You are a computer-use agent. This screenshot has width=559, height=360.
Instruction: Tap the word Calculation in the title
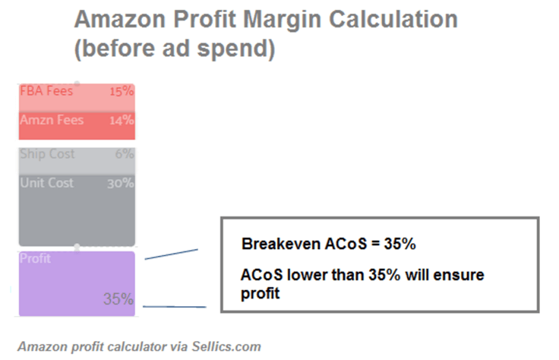pyautogui.click(x=393, y=19)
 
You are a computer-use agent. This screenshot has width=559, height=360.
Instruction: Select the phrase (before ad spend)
pyautogui.click(x=175, y=49)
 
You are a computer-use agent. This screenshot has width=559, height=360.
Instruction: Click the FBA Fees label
pyautogui.click(x=46, y=91)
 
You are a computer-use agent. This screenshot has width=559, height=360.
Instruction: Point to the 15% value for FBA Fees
pyautogui.click(x=122, y=92)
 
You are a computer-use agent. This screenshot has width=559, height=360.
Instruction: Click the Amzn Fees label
pyautogui.click(x=52, y=120)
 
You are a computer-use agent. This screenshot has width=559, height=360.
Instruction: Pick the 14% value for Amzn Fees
pyautogui.click(x=122, y=121)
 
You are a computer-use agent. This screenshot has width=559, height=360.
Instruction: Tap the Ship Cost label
pyautogui.click(x=47, y=154)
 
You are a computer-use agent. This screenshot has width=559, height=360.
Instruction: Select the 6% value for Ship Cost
pyautogui.click(x=125, y=154)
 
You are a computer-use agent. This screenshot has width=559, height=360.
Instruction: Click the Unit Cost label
pyautogui.click(x=46, y=183)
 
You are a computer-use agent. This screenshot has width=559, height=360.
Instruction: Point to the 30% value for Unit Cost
pyautogui.click(x=121, y=183)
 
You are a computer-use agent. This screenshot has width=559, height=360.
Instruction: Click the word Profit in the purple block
pyautogui.click(x=35, y=258)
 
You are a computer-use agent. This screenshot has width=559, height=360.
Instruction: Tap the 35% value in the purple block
pyautogui.click(x=118, y=298)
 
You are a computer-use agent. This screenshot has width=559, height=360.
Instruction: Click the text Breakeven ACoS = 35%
pyautogui.click(x=329, y=244)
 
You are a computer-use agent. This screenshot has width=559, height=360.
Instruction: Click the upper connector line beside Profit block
pyautogui.click(x=172, y=254)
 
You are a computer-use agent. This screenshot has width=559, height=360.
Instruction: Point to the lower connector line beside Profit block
pyautogui.click(x=175, y=307)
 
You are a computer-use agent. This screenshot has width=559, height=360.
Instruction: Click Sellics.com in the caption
pyautogui.click(x=226, y=346)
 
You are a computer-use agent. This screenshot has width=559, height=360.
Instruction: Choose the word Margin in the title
pyautogui.click(x=282, y=21)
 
